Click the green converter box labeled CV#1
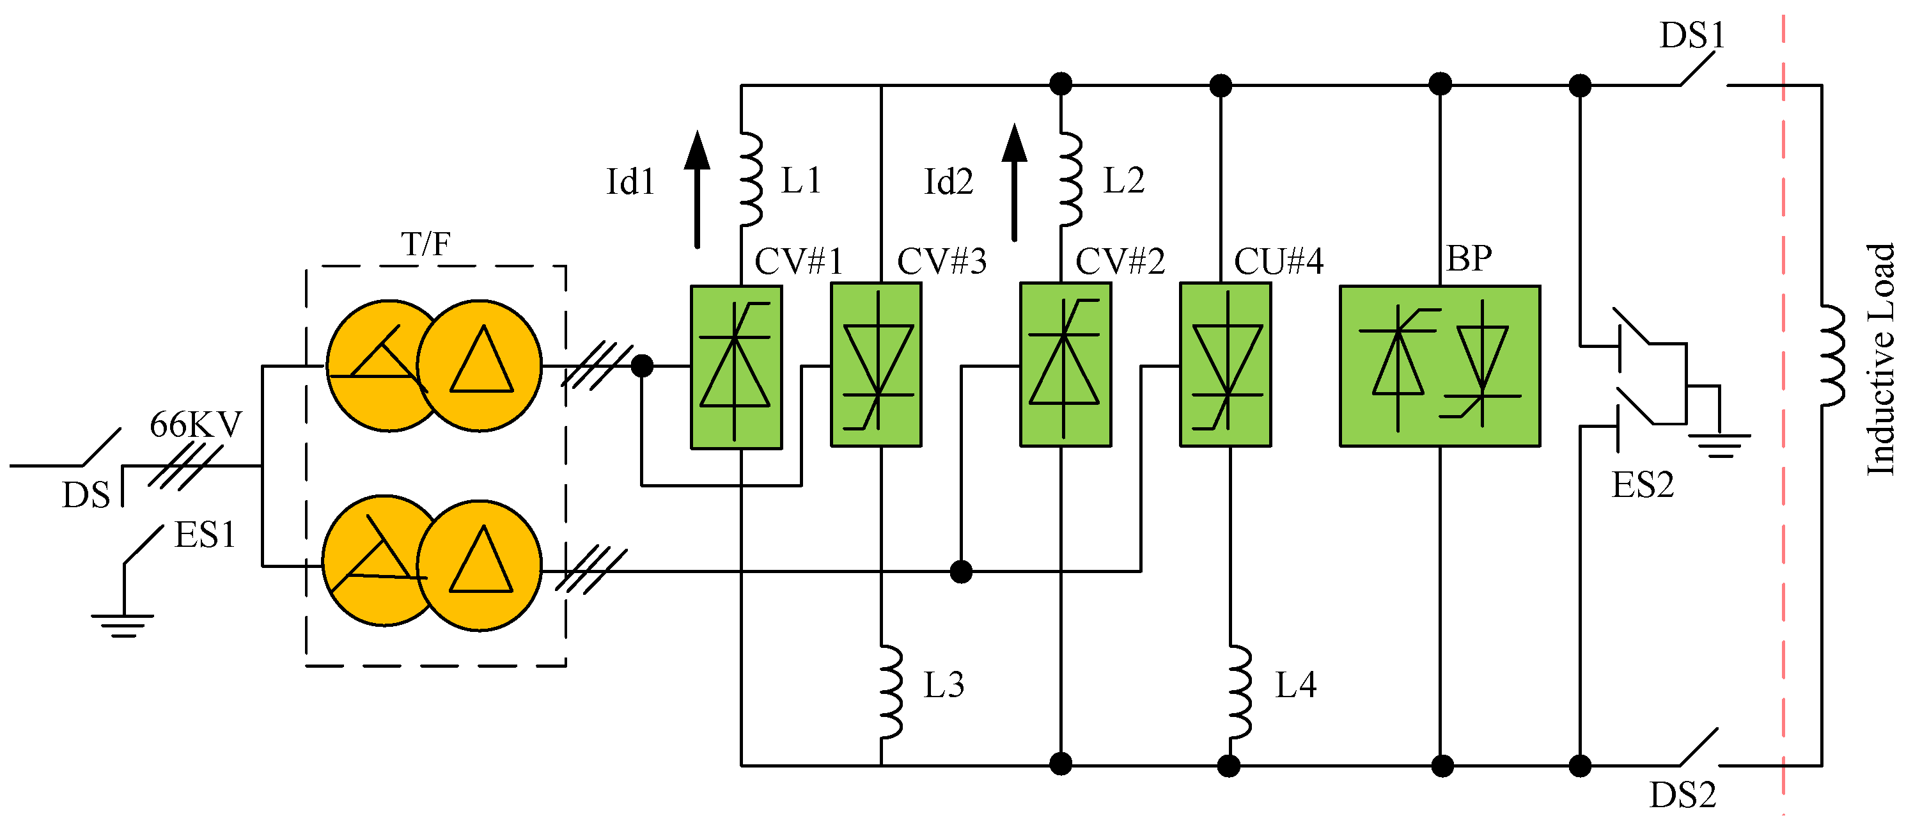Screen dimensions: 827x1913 point(736,367)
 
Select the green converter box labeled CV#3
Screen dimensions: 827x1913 point(875,365)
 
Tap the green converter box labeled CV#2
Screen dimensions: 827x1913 point(1065,365)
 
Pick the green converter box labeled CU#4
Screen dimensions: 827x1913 point(1225,365)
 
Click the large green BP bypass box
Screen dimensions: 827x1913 point(1439,366)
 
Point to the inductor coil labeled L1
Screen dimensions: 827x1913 point(751,180)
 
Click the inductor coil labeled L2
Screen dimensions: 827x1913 point(1070,180)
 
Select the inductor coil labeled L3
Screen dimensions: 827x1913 point(891,693)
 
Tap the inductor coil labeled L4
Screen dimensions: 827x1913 point(1240,693)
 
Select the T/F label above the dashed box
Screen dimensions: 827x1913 point(426,244)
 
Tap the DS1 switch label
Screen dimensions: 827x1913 point(1692,36)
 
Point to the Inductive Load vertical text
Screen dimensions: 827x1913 point(1880,359)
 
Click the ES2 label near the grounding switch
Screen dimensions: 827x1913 point(1643,486)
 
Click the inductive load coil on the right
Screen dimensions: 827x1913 point(1832,355)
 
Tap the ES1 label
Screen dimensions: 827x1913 point(205,535)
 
